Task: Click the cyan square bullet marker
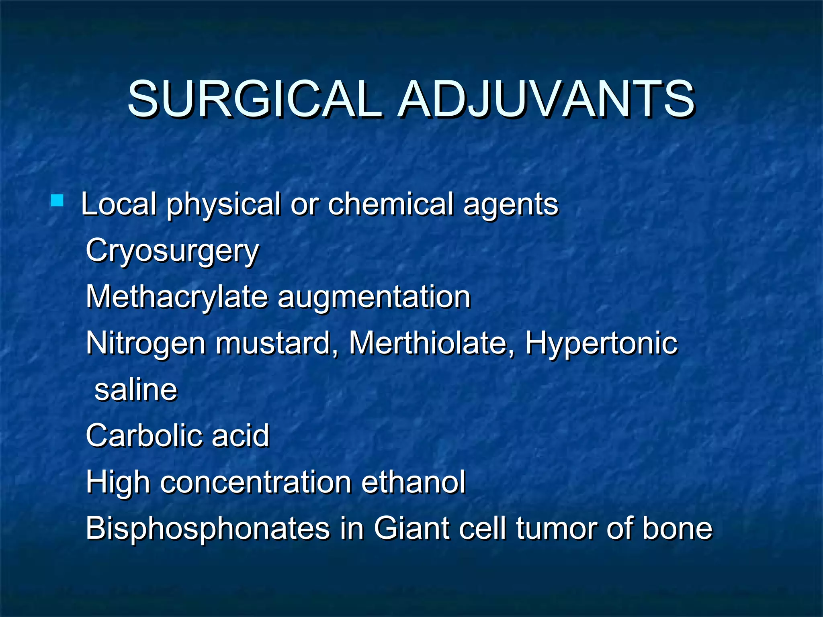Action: (x=57, y=200)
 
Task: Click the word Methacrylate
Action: (x=177, y=297)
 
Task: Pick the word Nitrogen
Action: (x=145, y=344)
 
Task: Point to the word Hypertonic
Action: (x=602, y=344)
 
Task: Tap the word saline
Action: (x=136, y=390)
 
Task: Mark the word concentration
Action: (x=256, y=482)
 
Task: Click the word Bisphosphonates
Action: (x=207, y=528)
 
